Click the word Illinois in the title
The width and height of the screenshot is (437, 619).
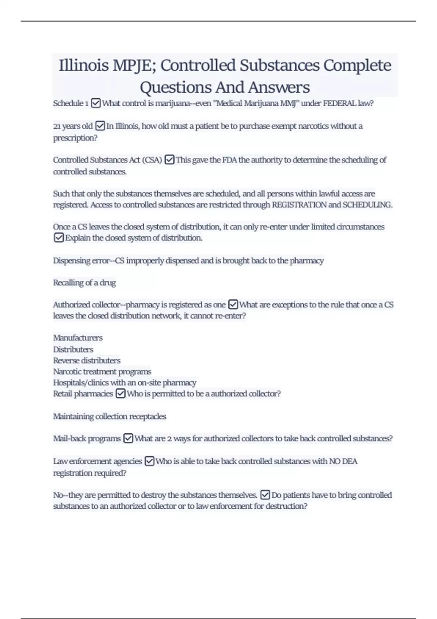84,66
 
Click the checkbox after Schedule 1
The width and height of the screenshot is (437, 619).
96,103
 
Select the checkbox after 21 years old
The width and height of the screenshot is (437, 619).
100,126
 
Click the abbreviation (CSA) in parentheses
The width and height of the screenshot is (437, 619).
152,160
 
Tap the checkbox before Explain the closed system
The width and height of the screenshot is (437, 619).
59,238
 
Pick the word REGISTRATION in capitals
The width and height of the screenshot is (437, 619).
299,205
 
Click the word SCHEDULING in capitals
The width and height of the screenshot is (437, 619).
367,205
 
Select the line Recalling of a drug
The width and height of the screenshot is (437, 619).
84,283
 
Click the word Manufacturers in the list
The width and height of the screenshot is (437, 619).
78,338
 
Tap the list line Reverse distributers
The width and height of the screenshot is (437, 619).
87,360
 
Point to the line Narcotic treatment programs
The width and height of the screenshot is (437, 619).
102,372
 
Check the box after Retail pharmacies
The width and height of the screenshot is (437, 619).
121,394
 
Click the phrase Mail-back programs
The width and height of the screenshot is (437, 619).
87,438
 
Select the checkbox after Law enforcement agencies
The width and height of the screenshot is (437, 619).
150,461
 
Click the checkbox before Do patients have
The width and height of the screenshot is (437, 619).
265,495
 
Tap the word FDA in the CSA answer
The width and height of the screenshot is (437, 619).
229,160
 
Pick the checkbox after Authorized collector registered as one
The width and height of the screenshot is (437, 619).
233,304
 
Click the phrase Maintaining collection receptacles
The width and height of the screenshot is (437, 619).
110,417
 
